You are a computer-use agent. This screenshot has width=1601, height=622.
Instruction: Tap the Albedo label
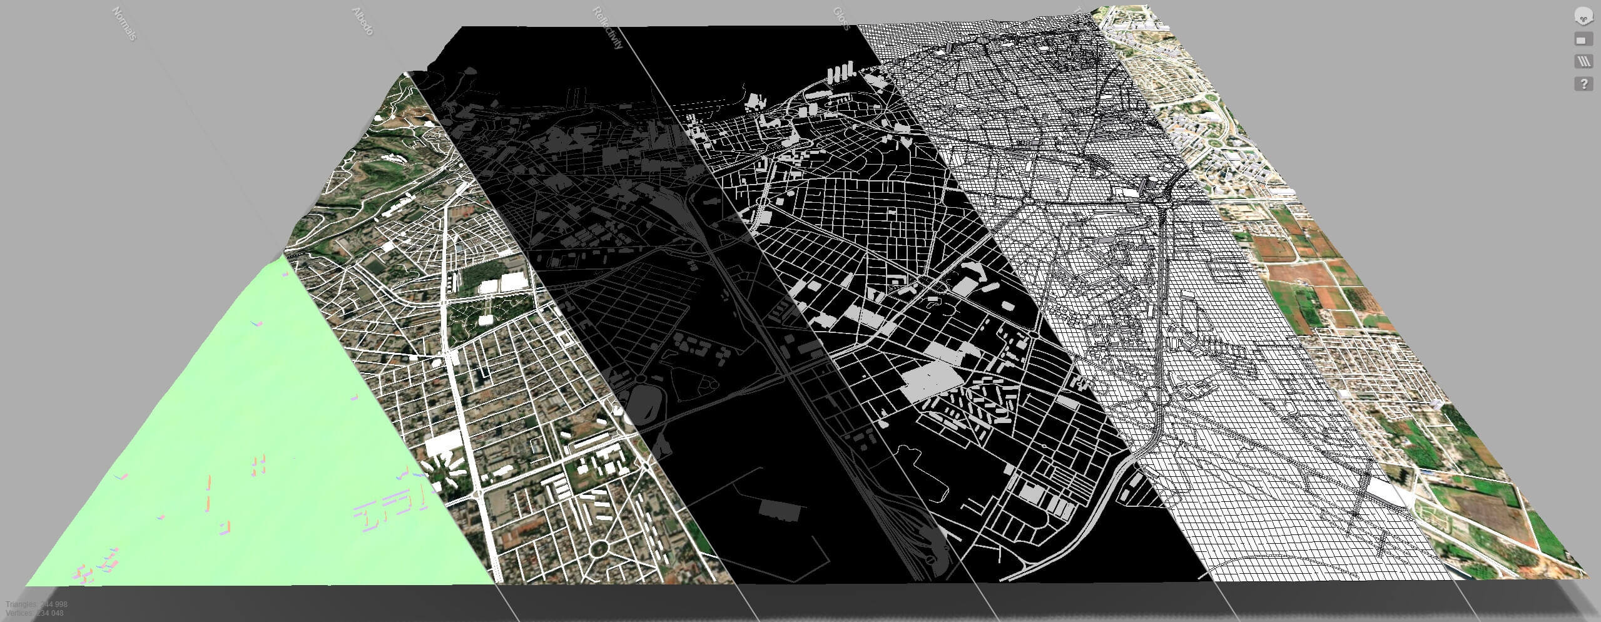click(x=363, y=21)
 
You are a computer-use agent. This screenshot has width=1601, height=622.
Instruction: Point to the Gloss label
click(x=841, y=19)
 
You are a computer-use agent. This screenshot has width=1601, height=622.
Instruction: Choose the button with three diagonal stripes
click(x=1583, y=61)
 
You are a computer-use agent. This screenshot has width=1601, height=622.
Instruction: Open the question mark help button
click(x=1583, y=84)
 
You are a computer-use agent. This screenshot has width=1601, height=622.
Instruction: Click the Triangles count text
click(x=36, y=604)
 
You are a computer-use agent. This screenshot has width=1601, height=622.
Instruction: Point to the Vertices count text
click(x=34, y=613)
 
